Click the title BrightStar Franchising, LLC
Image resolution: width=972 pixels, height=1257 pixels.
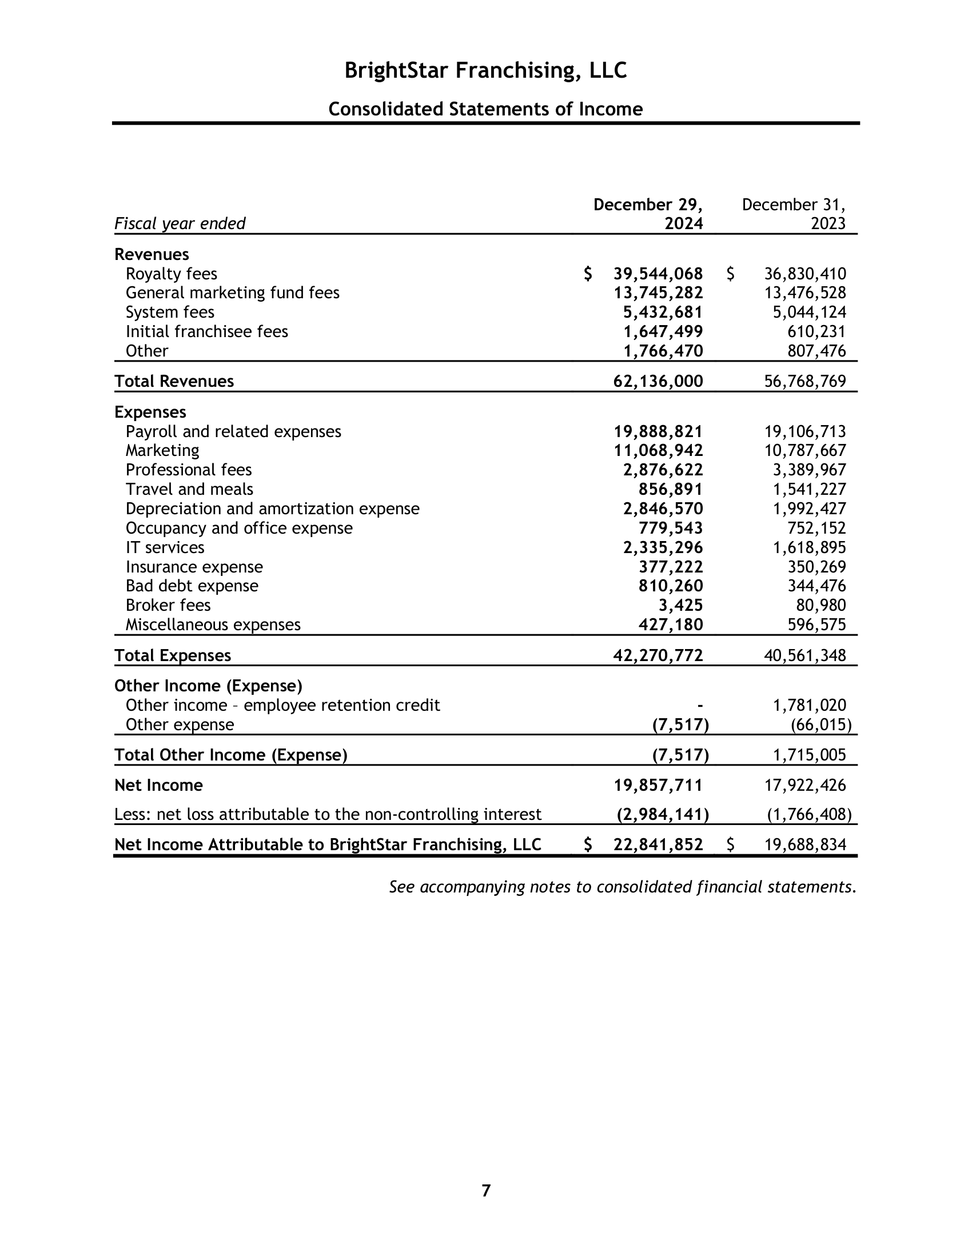pos(485,70)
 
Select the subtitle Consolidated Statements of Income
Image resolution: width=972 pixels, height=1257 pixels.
pos(485,109)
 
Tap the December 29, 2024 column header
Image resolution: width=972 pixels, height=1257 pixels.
pos(648,214)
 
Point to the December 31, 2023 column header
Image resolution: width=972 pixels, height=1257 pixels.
pos(794,214)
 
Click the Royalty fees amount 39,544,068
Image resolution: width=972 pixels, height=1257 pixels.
pos(658,274)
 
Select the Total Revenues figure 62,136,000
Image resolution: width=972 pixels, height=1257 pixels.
pos(658,381)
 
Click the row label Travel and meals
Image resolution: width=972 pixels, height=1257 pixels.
pos(189,489)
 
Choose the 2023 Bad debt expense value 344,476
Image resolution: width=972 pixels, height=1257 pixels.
pos(816,586)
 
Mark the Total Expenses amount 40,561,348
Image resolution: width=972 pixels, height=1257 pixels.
pos(805,655)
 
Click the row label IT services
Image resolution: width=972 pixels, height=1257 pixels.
pos(165,547)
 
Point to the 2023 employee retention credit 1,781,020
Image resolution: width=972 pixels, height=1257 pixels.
pos(809,705)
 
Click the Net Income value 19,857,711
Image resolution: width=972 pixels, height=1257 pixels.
pos(658,785)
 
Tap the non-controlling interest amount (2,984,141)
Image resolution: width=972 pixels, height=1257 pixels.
pos(663,814)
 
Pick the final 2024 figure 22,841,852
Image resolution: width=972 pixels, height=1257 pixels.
pos(658,844)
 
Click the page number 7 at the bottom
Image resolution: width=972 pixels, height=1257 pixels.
pos(486,1190)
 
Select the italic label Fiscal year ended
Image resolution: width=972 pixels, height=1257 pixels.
pos(180,223)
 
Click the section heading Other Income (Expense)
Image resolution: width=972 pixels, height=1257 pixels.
pos(208,686)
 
